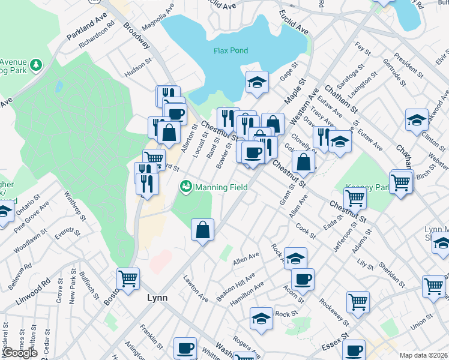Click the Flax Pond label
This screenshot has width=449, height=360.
(231, 51)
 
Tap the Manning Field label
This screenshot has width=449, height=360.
(220, 187)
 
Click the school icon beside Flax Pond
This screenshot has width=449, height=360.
(257, 83)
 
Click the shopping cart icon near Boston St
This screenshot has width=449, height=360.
(128, 278)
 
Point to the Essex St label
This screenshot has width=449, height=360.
(335, 343)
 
